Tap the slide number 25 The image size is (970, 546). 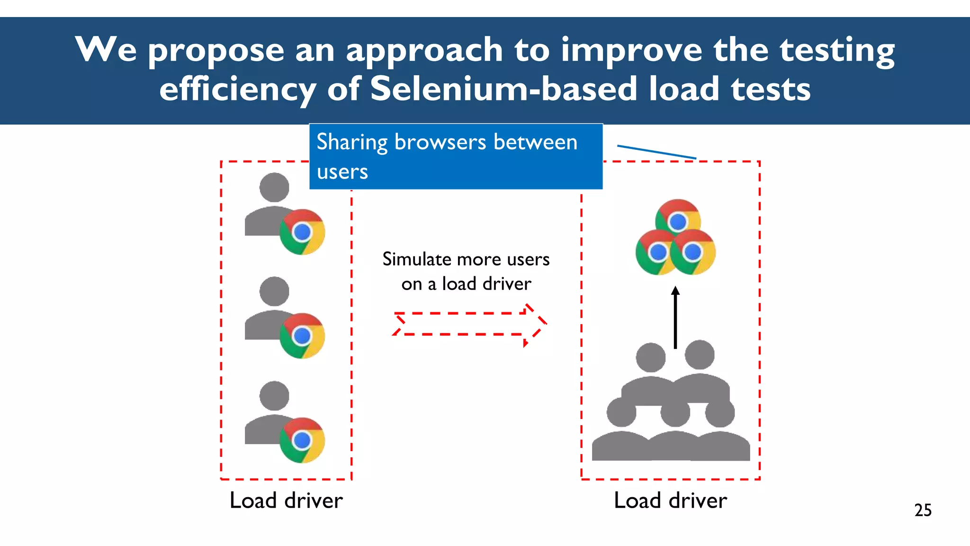click(923, 510)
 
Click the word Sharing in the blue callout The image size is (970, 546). click(352, 142)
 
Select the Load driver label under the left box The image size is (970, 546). click(286, 500)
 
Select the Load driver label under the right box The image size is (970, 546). click(670, 500)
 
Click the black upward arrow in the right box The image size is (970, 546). click(675, 318)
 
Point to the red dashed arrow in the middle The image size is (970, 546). click(469, 324)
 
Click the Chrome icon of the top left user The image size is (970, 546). click(302, 232)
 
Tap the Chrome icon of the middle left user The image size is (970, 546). click(302, 336)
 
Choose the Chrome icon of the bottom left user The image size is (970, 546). click(302, 440)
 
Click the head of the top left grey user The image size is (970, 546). click(274, 187)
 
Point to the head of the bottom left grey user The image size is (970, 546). click(274, 396)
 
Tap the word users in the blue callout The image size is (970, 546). click(342, 172)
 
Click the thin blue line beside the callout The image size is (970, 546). click(656, 152)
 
